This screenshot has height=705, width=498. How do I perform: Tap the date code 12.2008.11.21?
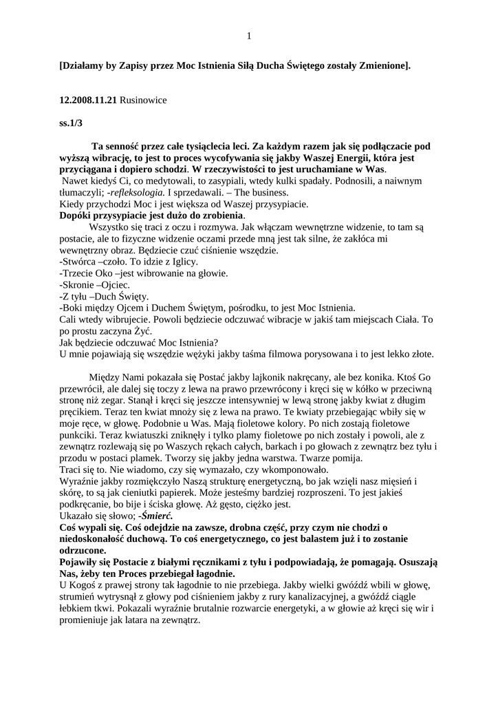pyautogui.click(x=88, y=100)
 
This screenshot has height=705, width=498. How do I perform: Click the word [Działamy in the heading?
pyautogui.click(x=80, y=66)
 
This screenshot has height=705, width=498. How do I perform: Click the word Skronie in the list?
pyautogui.click(x=82, y=284)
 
